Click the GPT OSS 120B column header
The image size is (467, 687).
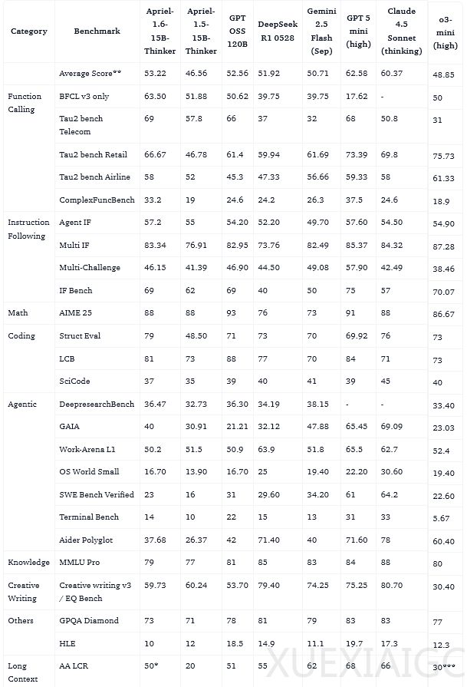[238, 31]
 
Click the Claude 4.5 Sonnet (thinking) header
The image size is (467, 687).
[402, 31]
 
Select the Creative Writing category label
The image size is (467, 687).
[23, 591]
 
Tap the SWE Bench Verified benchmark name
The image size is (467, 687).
[97, 494]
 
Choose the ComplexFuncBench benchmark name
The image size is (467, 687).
[97, 200]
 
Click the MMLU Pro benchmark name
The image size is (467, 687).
[79, 563]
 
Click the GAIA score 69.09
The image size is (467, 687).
[392, 426]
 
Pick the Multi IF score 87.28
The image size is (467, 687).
[443, 246]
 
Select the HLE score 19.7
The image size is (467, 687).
[354, 642]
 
